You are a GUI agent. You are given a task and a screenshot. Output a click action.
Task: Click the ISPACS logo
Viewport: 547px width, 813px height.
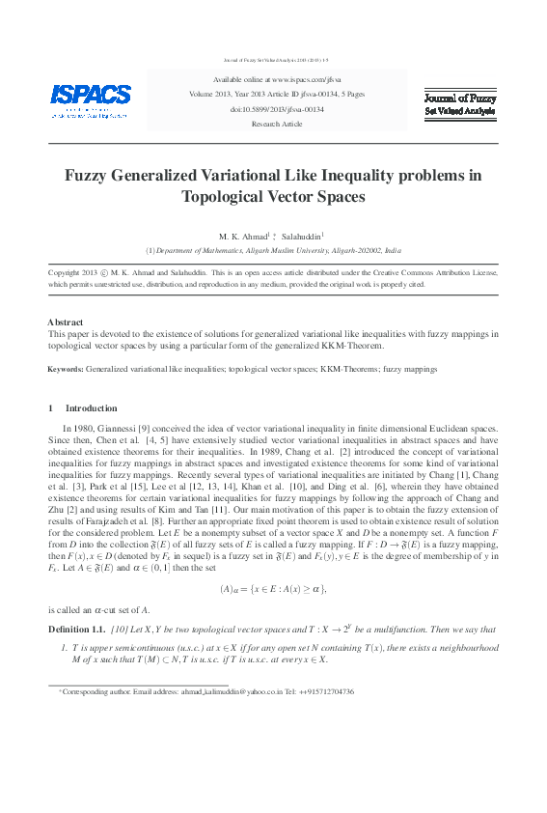click(91, 98)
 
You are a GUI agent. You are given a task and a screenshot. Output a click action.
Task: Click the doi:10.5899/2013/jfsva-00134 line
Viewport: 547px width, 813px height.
click(276, 110)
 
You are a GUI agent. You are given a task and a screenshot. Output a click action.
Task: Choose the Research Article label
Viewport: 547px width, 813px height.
click(276, 125)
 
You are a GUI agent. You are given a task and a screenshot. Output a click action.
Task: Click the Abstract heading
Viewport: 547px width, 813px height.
click(65, 322)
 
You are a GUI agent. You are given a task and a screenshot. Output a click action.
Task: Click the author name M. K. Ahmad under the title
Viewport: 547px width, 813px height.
click(241, 235)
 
